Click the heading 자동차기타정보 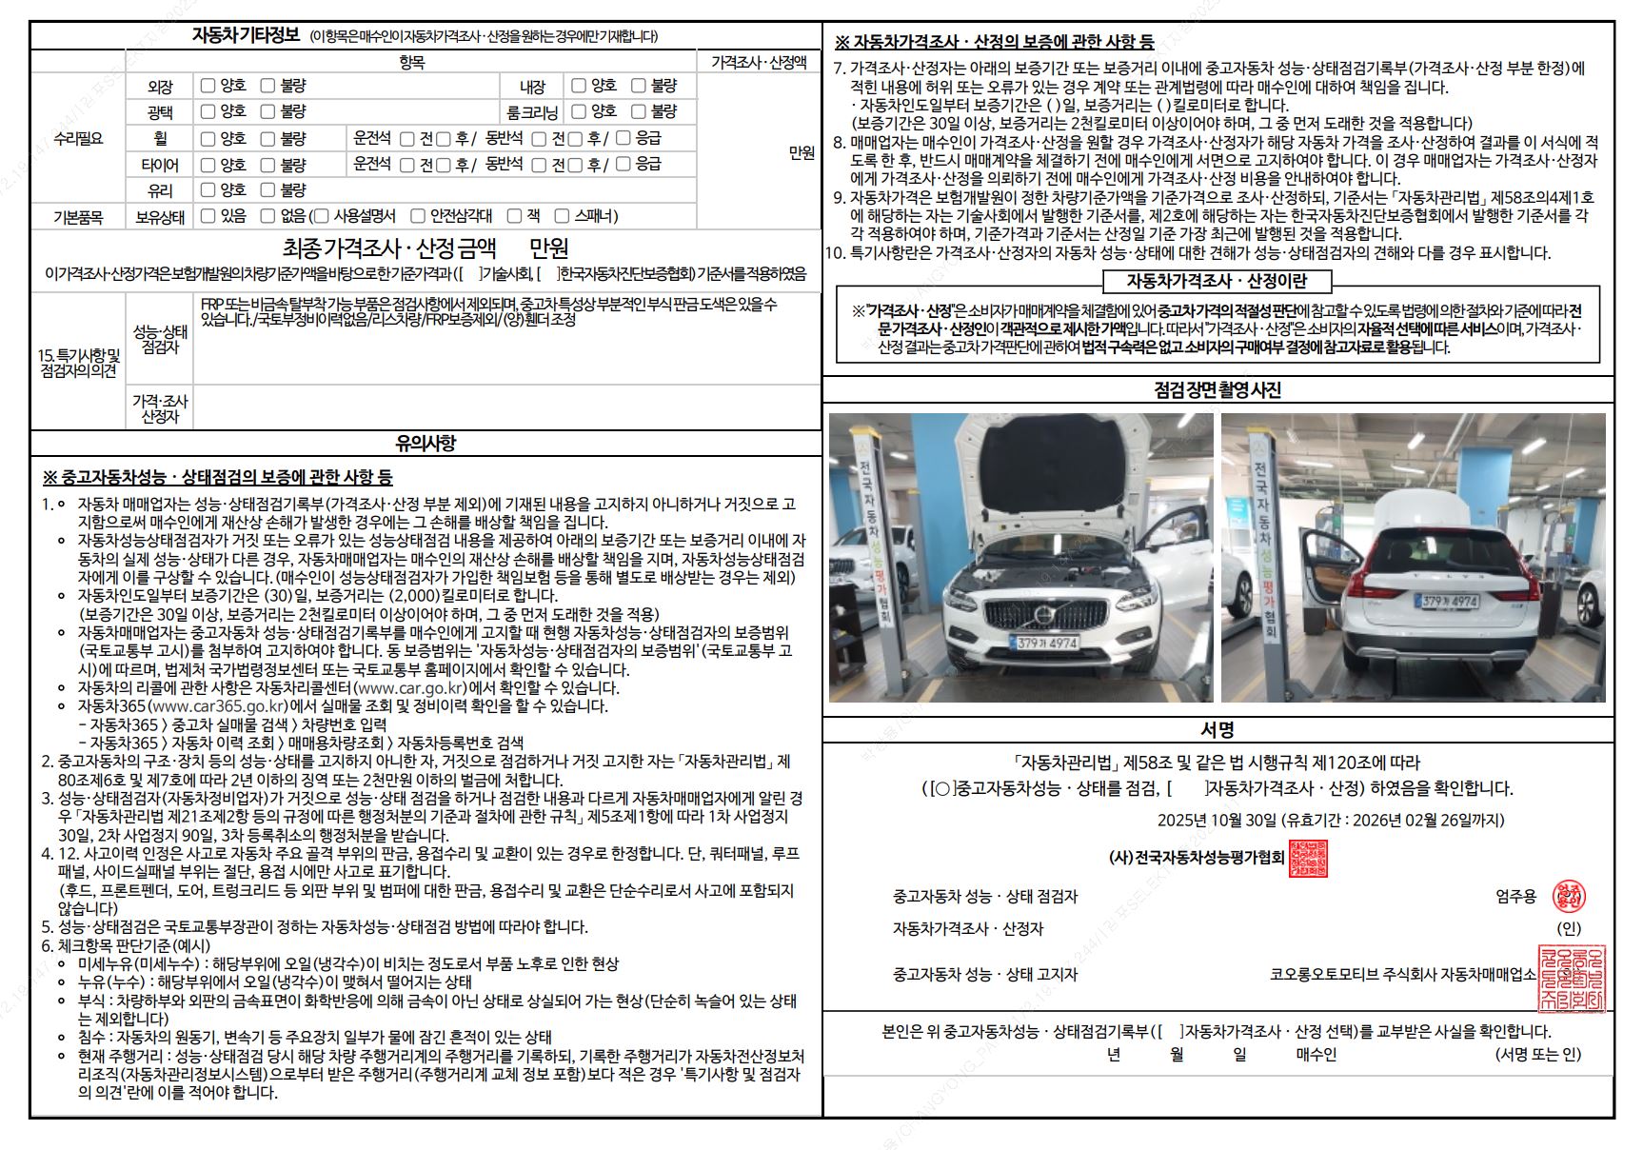pyautogui.click(x=245, y=36)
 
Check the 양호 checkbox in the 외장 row pyautogui.click(x=208, y=86)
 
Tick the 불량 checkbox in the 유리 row pyautogui.click(x=268, y=189)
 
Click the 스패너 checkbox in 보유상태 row pyautogui.click(x=562, y=216)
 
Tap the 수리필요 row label pyautogui.click(x=78, y=138)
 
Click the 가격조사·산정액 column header pyautogui.click(x=759, y=62)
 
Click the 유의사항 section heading pyautogui.click(x=426, y=443)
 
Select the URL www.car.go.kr pyautogui.click(x=410, y=687)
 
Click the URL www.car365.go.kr pyautogui.click(x=219, y=705)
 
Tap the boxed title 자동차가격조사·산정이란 pyautogui.click(x=1216, y=281)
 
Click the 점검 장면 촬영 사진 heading pyautogui.click(x=1217, y=389)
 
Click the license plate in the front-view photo pyautogui.click(x=1046, y=643)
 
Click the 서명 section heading pyautogui.click(x=1217, y=730)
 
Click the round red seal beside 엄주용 pyautogui.click(x=1568, y=896)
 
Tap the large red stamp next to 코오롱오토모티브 pyautogui.click(x=1572, y=978)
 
